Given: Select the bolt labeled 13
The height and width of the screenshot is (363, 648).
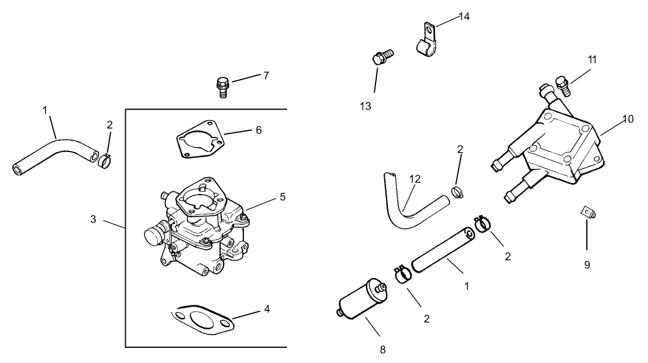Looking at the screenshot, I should pos(381,57).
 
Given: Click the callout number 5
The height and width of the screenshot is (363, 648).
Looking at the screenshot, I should pos(282,197).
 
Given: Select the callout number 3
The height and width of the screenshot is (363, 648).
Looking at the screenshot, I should pos(93,220).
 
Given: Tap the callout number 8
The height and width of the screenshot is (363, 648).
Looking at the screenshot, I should pos(382,350).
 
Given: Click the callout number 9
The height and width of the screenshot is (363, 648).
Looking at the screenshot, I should pos(587,265).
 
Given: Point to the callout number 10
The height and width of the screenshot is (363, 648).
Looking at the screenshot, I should pos(628,119).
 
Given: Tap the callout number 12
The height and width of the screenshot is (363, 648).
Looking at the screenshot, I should pos(414,180).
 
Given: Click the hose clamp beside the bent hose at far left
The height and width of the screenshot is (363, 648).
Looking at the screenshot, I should pos(105,159).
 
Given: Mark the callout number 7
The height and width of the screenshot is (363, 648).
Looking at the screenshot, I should pos(265,76).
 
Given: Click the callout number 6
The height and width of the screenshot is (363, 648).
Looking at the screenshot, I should pos(258,130).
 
